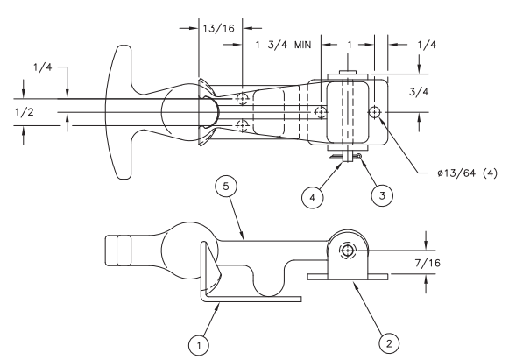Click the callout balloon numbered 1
click(199, 345)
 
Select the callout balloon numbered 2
click(389, 343)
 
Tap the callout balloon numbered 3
click(382, 195)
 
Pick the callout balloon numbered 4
click(312, 197)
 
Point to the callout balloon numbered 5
click(226, 187)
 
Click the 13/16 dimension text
click(218, 28)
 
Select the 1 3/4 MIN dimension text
click(283, 45)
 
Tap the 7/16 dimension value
click(428, 263)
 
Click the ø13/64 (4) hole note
click(467, 173)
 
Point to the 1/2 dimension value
click(25, 112)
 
